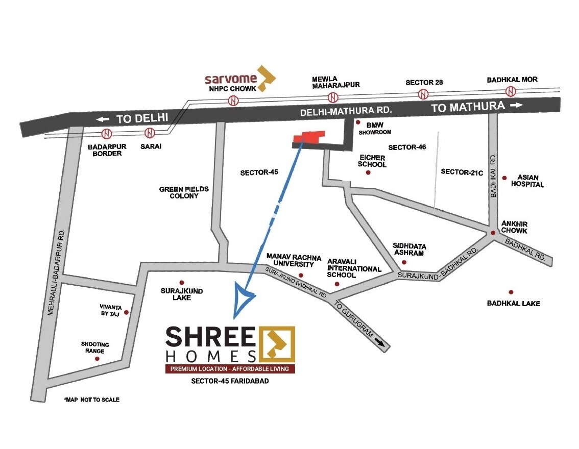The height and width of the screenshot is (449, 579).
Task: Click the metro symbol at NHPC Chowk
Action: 233,101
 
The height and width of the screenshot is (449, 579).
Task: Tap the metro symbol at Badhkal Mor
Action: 511,92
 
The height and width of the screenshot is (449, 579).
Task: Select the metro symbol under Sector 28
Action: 423,94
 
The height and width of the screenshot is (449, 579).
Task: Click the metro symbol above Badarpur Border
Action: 107,134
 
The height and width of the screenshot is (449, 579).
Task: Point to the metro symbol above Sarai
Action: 150,133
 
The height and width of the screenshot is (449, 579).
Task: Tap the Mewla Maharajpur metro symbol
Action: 333,97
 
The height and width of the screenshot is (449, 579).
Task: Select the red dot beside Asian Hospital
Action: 504,178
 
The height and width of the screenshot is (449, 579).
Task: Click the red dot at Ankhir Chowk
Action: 493,233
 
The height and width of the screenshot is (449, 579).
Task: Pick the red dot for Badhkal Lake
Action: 511,292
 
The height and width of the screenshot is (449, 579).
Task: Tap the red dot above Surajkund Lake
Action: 181,282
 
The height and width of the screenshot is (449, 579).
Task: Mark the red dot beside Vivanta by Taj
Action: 126,312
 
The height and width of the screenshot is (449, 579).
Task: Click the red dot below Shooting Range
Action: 97,359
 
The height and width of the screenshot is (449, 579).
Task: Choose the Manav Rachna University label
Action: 290,260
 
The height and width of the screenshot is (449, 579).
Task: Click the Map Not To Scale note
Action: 92,400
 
